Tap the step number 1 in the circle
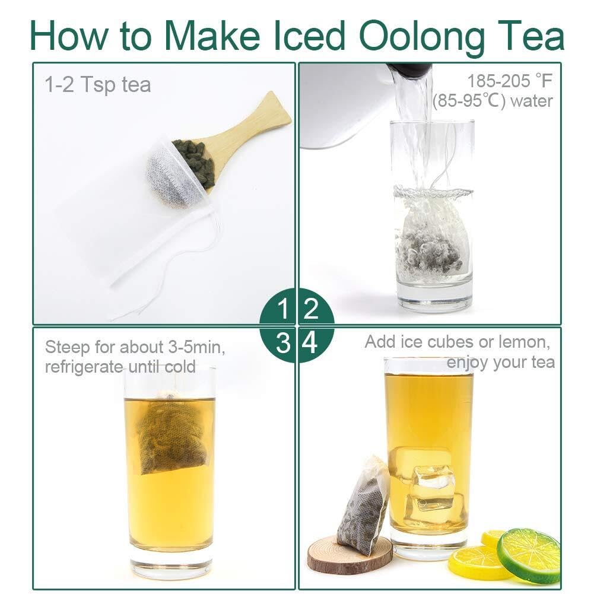pos(283,309)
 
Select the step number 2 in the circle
pos(310,309)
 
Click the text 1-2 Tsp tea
pos(98,84)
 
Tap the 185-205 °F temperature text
pos(510,81)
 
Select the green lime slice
pos(529,555)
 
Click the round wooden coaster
pos(350,554)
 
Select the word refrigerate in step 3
pos(84,367)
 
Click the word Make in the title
pos(212,36)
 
